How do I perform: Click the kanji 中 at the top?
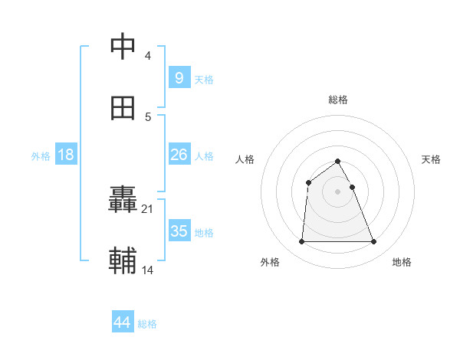click(x=123, y=47)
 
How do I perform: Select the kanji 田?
click(x=123, y=109)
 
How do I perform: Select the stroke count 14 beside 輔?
click(x=147, y=270)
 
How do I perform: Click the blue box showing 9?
click(x=179, y=78)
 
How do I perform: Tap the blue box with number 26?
click(x=179, y=155)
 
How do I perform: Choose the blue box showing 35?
click(x=179, y=231)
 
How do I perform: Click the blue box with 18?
click(x=66, y=155)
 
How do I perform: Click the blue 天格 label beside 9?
click(x=204, y=80)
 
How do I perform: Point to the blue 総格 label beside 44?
click(x=148, y=324)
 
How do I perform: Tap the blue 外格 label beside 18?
click(x=41, y=156)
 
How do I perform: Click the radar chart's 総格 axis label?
click(x=338, y=100)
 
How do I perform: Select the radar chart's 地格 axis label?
click(x=402, y=262)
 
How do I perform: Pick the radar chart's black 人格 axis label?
click(x=245, y=159)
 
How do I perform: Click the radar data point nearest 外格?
click(x=301, y=242)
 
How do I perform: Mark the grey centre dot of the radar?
click(x=338, y=191)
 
